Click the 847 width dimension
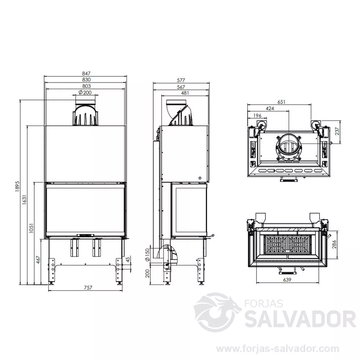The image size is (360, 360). coord(86,74)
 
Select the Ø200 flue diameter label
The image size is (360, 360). coord(85,93)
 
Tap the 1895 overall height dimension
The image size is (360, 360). coord(18,186)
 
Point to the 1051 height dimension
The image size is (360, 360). coord(31,228)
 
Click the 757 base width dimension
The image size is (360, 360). coord(88,287)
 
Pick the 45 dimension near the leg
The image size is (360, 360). coord(128,259)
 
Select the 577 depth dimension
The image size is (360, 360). coord(181,80)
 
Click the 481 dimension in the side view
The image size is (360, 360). coord(185,93)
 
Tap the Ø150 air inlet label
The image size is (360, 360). coord(148,254)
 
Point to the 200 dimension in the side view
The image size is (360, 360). coord(148,273)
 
